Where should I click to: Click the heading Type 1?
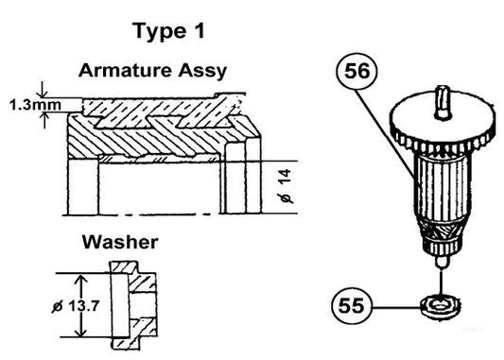click(169, 30)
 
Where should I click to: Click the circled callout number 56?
click(361, 72)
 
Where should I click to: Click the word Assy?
click(208, 70)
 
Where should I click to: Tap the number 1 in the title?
click(198, 30)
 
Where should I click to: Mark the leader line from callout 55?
click(397, 306)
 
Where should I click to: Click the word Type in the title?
click(158, 30)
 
